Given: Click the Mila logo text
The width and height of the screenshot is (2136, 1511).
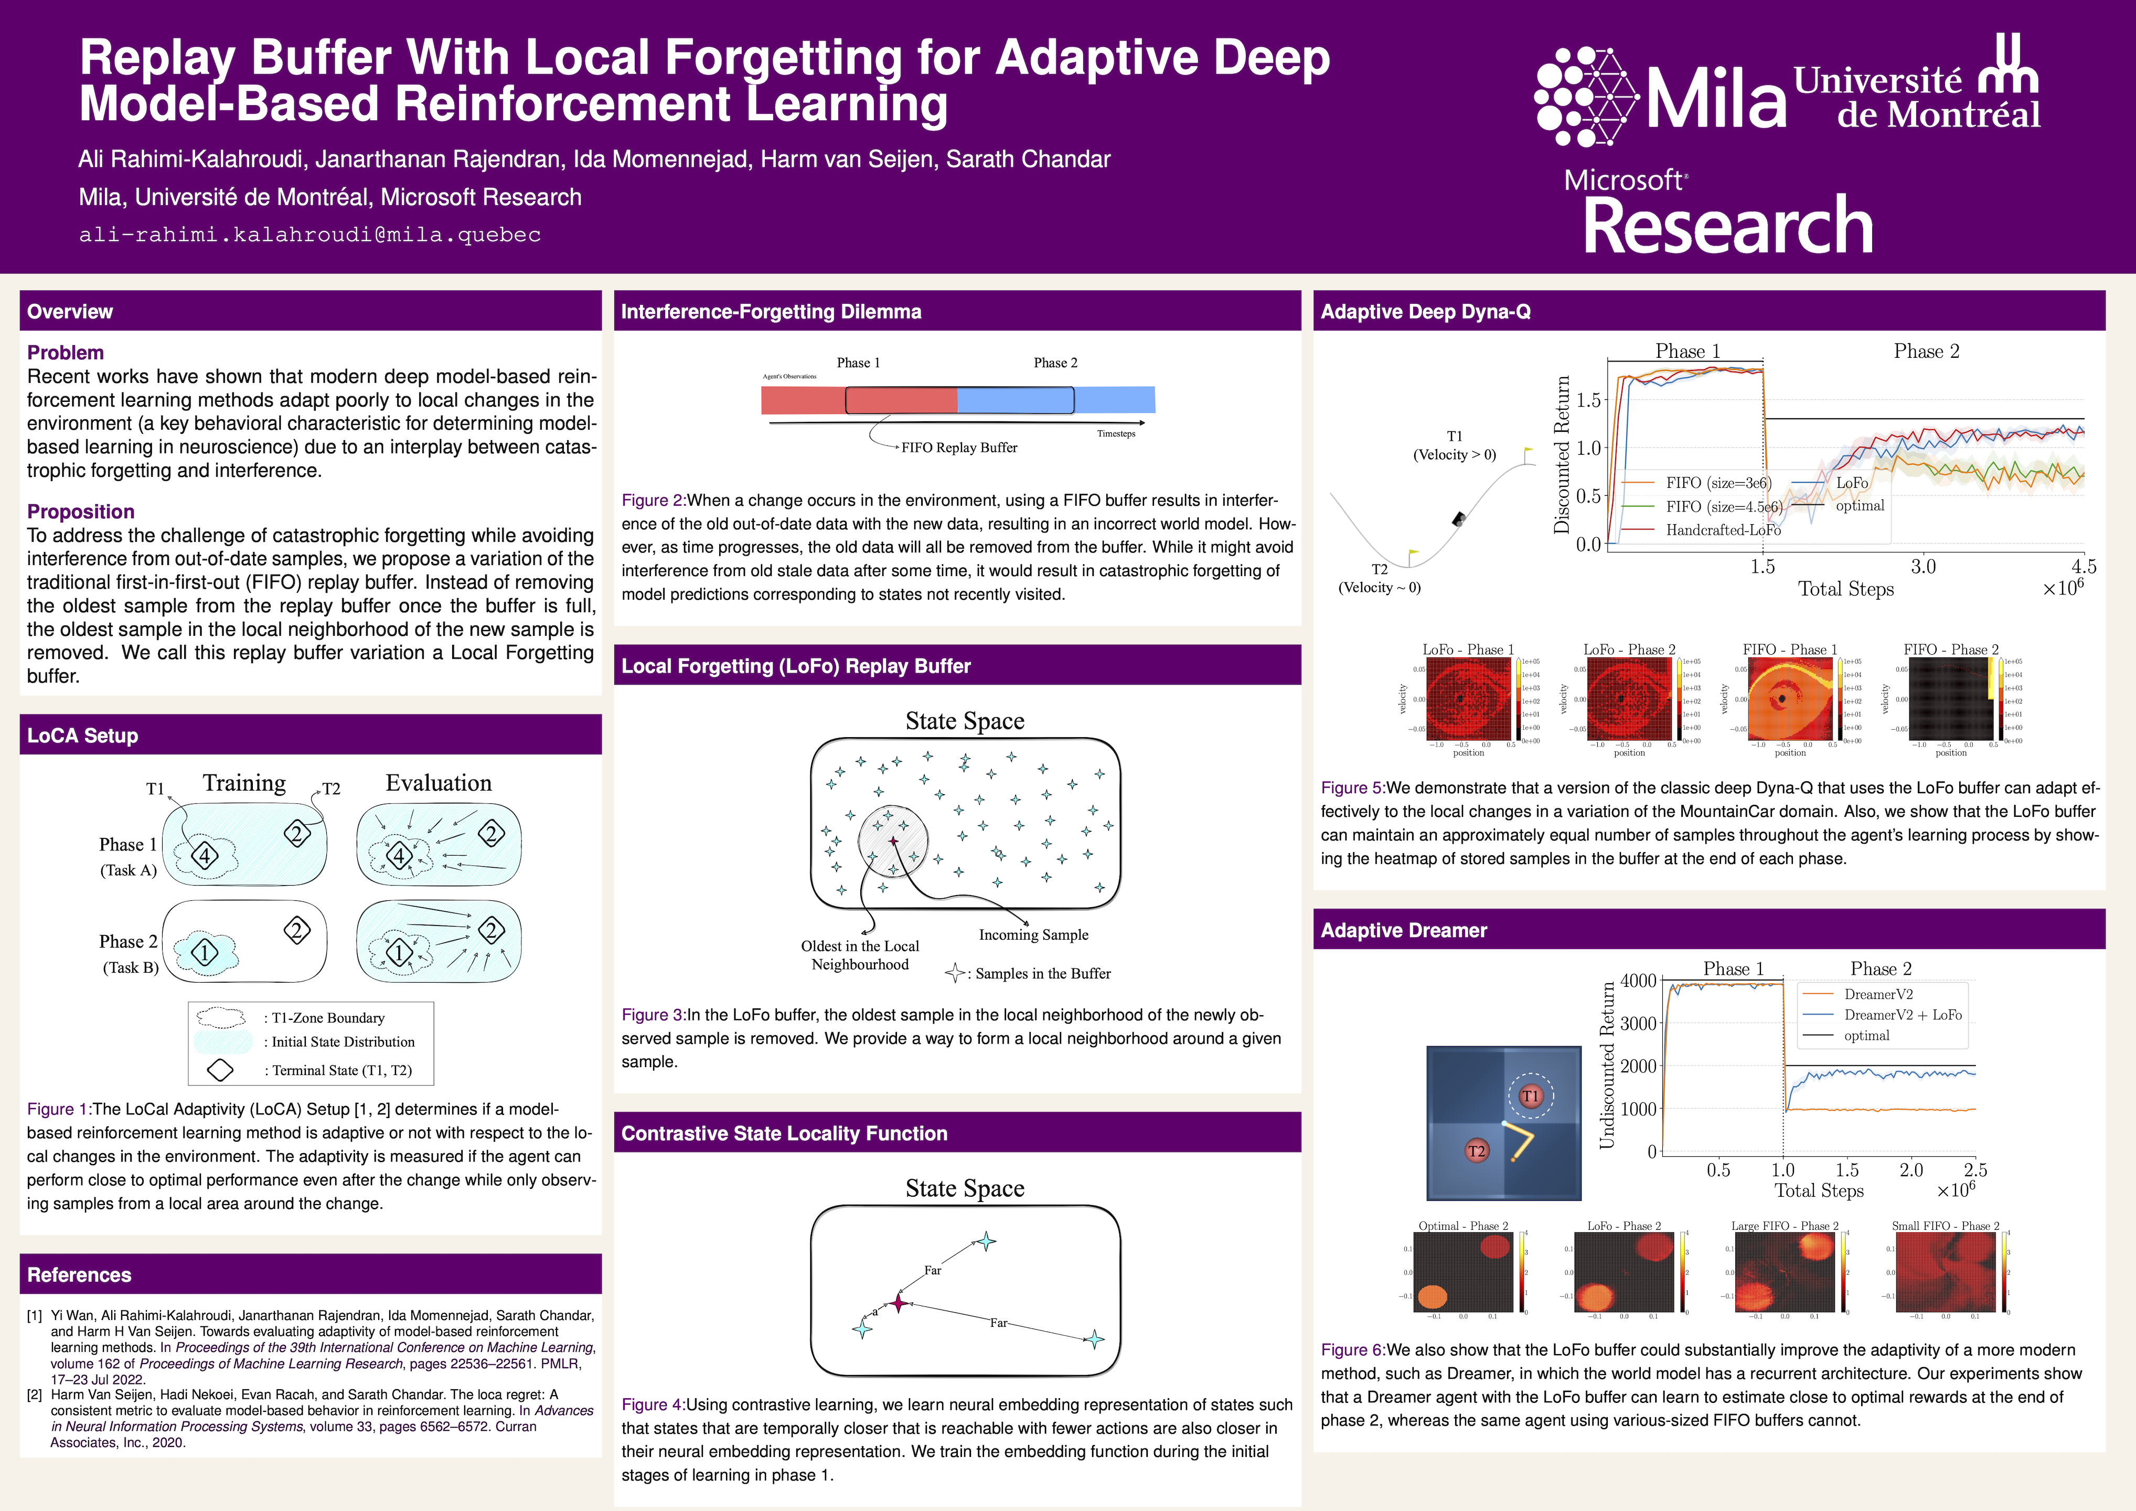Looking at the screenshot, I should point(1716,101).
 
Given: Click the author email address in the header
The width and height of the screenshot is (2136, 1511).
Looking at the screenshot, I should point(310,235).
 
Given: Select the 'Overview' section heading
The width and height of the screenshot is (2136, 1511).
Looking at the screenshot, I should point(70,312).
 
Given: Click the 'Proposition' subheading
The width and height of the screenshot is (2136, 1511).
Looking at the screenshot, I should point(81,512).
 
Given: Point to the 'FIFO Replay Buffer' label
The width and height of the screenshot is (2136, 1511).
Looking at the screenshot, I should point(959,448).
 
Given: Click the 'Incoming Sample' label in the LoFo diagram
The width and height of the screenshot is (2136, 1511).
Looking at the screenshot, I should point(1033,935).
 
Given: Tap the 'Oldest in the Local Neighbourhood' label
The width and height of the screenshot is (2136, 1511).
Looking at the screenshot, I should point(860,955).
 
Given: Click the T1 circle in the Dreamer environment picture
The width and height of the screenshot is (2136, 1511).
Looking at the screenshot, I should point(1530,1096).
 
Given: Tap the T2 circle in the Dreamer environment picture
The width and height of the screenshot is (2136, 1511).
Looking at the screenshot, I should point(1477,1152).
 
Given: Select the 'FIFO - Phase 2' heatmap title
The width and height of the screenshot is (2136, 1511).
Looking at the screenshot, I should point(1951,650).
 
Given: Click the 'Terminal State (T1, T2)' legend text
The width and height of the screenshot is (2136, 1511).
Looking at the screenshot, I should point(341,1071).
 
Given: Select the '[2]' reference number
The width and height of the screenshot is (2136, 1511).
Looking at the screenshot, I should point(35,1395).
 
